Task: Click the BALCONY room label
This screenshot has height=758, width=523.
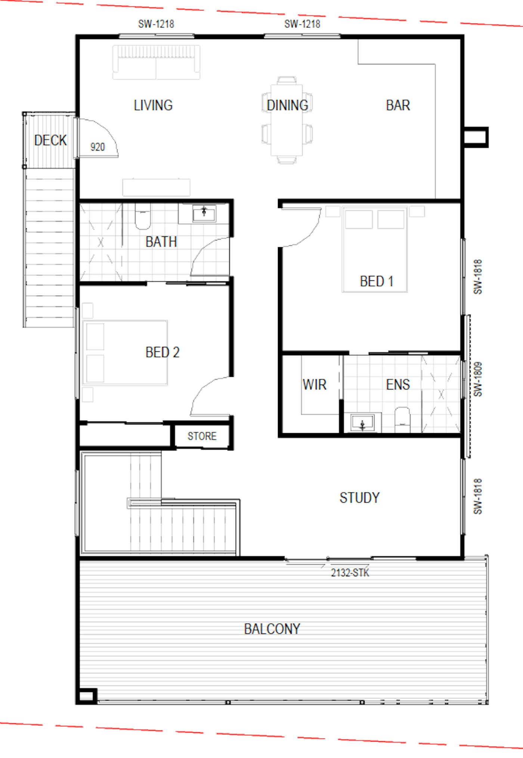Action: tap(272, 629)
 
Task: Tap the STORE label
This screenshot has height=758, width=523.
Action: tap(202, 436)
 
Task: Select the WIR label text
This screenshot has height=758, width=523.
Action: tap(315, 385)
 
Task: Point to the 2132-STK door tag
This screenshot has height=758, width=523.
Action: tap(350, 573)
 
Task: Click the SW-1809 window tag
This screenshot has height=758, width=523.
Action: tap(478, 379)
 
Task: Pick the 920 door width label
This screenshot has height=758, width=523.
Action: tap(98, 147)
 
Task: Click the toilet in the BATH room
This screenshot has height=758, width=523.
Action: tap(142, 216)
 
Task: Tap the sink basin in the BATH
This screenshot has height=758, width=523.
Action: tap(204, 214)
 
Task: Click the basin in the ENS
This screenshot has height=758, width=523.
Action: tap(362, 423)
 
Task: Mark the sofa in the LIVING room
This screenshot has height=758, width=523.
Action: tap(156, 62)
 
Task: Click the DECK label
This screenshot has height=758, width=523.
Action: tap(50, 140)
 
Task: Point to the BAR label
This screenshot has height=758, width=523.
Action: tap(398, 105)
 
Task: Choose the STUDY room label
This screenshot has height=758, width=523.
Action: tap(359, 498)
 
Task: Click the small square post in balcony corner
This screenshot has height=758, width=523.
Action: tap(86, 696)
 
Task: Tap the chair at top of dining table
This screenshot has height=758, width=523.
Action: tap(287, 80)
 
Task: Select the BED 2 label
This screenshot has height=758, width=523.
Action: tap(163, 352)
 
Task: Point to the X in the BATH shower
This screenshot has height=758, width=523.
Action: tap(100, 243)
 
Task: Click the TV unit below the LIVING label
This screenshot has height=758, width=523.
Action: tap(156, 187)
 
